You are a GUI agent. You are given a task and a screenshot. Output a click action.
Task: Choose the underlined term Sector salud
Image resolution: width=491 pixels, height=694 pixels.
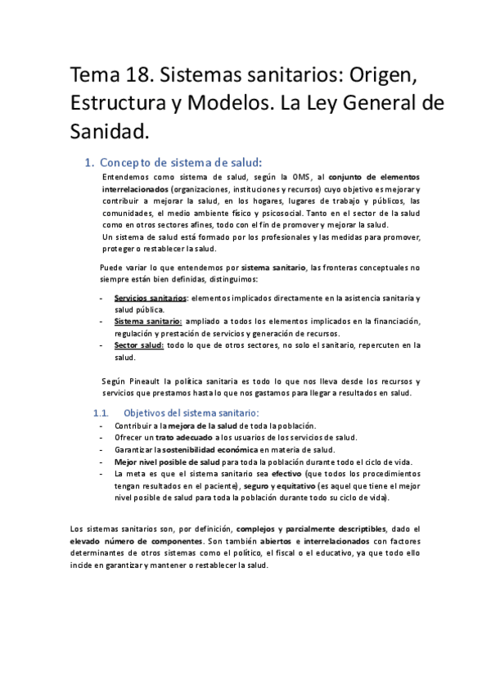(140, 345)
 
